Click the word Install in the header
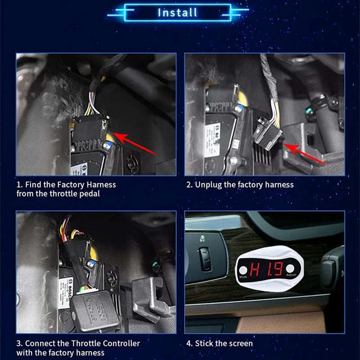click(177, 12)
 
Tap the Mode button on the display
click(243, 271)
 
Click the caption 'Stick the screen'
click(224, 343)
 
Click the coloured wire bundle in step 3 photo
click(67, 227)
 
